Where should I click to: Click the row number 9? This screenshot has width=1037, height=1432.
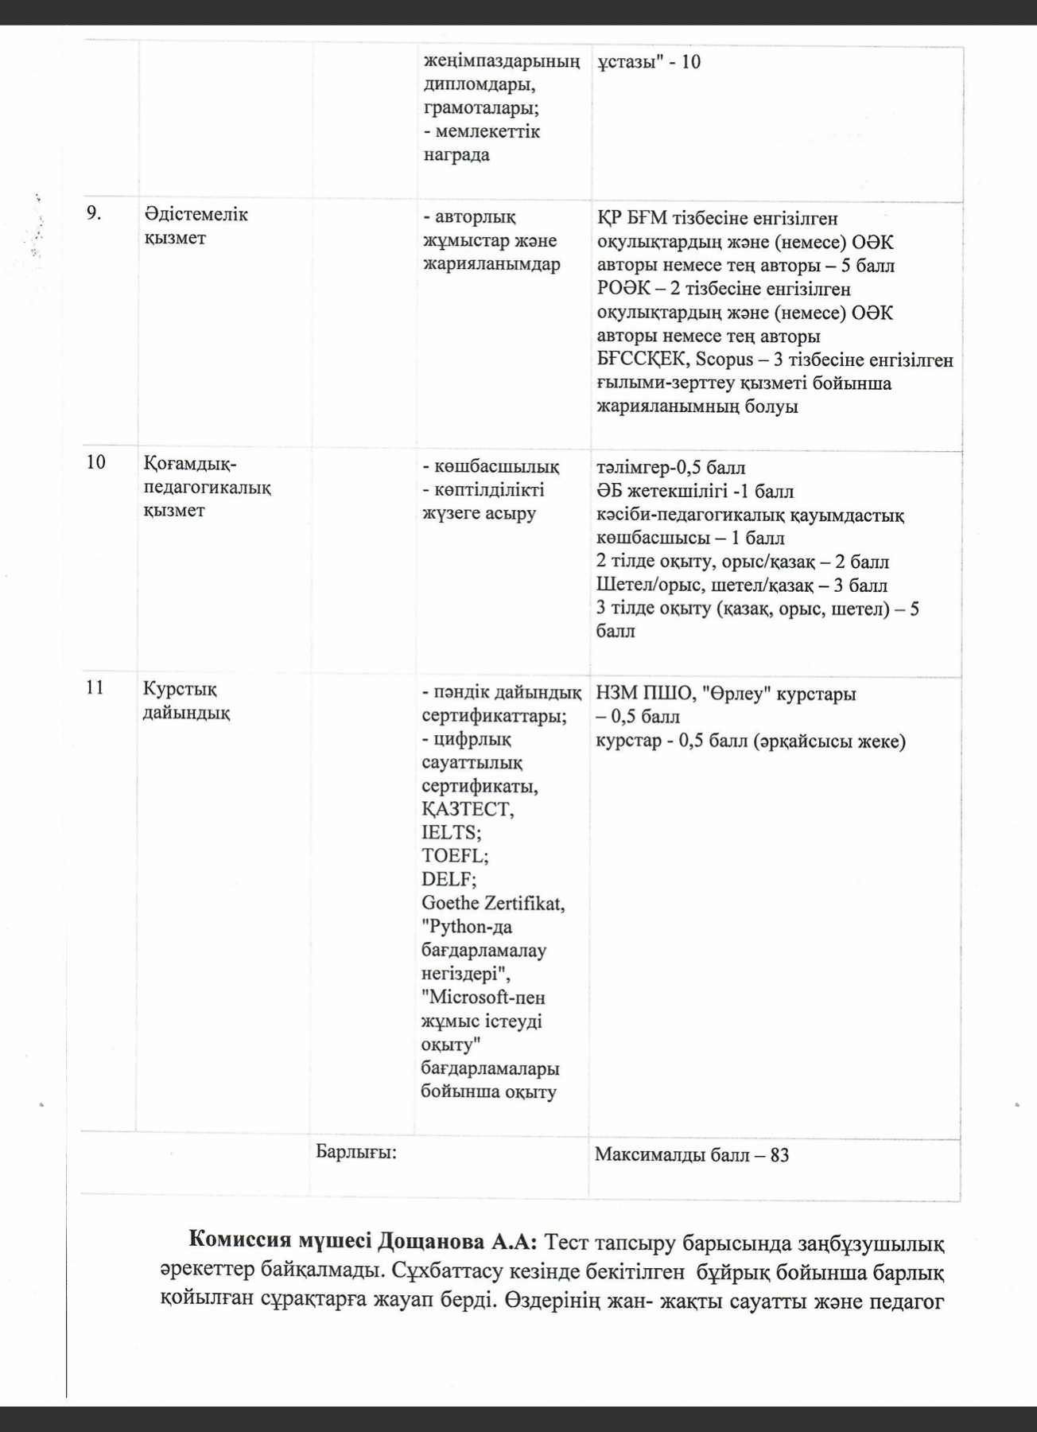click(x=94, y=214)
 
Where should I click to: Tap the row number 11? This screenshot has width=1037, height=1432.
click(x=95, y=688)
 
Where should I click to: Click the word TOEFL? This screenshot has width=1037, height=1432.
click(x=454, y=856)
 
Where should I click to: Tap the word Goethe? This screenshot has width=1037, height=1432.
click(x=451, y=904)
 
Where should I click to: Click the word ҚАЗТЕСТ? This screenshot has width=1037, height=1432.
click(x=468, y=810)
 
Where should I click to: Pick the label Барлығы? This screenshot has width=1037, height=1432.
click(x=356, y=1152)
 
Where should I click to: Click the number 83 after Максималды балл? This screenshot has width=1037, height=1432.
click(x=779, y=1154)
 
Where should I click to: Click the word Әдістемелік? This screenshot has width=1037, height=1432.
click(x=196, y=215)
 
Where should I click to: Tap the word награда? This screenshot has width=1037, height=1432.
click(x=456, y=154)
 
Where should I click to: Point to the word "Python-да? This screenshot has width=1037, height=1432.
click(x=468, y=927)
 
